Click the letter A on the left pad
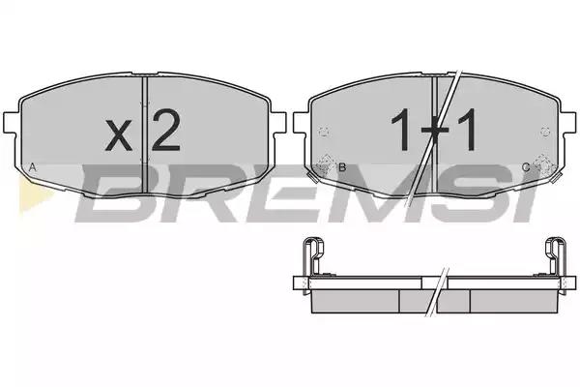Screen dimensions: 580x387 click(33, 167)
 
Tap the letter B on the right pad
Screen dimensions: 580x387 click(342, 167)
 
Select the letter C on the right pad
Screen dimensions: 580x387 click(526, 167)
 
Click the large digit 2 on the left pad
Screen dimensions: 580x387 click(165, 131)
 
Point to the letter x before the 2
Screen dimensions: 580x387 click(118, 135)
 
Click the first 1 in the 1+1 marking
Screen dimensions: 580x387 click(401, 130)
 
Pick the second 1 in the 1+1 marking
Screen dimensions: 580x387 click(467, 130)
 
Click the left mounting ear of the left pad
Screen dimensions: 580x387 click(11, 122)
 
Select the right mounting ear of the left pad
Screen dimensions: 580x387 click(278, 122)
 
